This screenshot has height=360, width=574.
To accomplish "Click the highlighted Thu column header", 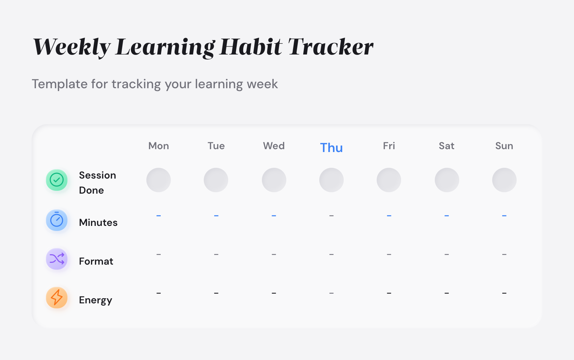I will [331, 148].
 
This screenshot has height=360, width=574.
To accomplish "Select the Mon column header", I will [159, 146].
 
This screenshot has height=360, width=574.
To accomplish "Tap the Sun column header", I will [504, 146].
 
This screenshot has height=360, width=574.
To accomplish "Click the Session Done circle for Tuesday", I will [216, 180].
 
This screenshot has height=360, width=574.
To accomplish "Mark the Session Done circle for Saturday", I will [447, 180].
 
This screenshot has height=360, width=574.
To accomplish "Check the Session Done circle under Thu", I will [331, 180].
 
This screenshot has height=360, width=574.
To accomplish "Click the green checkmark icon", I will [57, 180].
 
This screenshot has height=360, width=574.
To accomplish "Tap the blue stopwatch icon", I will [57, 220].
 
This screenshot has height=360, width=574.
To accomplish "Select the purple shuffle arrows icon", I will [57, 259].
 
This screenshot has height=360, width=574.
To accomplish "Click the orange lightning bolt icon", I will [57, 298].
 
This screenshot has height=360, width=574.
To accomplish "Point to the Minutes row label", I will [98, 223].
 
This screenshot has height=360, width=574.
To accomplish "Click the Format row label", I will [96, 261].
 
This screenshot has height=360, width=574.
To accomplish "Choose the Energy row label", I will [95, 300].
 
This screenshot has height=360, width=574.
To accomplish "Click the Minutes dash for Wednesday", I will [274, 216].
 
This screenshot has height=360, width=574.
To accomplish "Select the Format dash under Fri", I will [389, 255].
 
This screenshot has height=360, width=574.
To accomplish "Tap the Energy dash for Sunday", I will [504, 293].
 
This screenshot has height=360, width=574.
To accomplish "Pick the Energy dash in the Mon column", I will [159, 293].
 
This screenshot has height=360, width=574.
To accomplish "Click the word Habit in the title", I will [251, 47].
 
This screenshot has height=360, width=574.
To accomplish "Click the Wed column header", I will [274, 146].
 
